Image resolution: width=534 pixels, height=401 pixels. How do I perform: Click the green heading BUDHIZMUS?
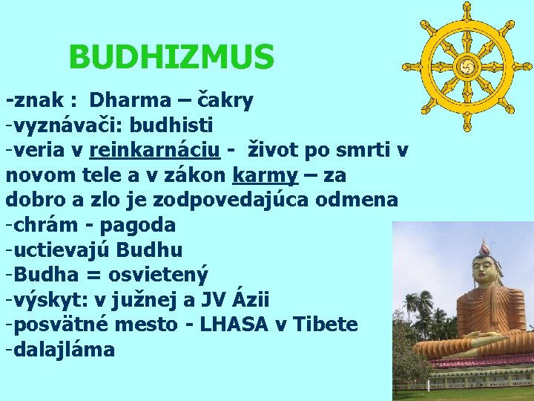click(x=171, y=57)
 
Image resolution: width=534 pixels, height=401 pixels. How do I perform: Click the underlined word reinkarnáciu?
click(x=154, y=150)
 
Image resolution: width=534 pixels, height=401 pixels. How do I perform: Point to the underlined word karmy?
click(x=266, y=175)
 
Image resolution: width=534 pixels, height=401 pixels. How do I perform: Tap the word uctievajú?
click(x=63, y=250)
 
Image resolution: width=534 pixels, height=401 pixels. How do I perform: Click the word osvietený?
click(x=158, y=276)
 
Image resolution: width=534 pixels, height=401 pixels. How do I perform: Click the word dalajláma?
click(x=64, y=351)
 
